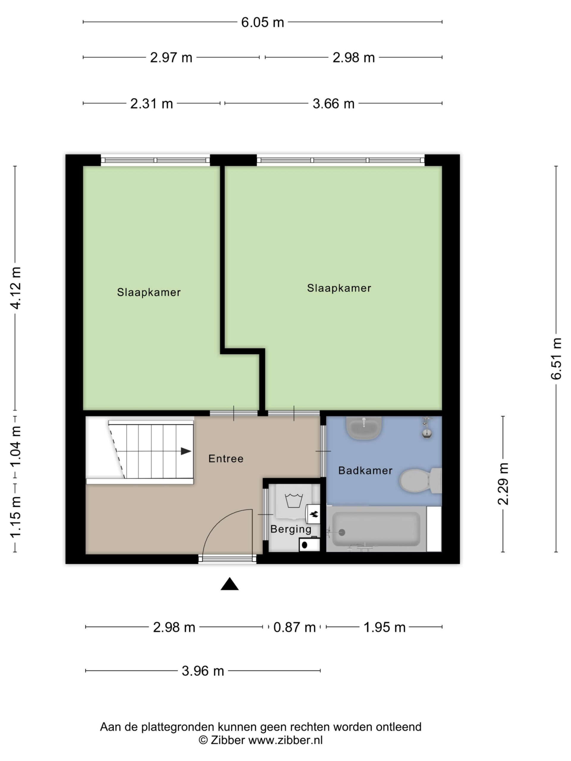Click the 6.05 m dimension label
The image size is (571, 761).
(x=262, y=23)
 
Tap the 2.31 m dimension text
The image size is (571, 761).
(x=151, y=103)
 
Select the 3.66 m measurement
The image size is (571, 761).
(x=333, y=103)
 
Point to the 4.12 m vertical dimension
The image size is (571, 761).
(x=16, y=288)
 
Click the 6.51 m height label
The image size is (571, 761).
(x=556, y=359)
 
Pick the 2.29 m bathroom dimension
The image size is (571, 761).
(x=503, y=484)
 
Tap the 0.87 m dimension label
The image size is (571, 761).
(x=294, y=627)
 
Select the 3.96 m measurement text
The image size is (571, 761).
(x=203, y=671)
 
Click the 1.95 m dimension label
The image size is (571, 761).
(x=385, y=627)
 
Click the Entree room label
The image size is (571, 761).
(x=226, y=459)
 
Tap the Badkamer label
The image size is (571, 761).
(x=365, y=470)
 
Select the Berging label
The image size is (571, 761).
(x=291, y=529)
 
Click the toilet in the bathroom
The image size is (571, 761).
(x=420, y=481)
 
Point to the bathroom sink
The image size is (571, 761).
(x=364, y=428)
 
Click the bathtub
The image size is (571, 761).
(x=376, y=529)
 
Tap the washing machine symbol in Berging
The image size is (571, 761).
(x=294, y=501)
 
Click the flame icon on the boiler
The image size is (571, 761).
(x=314, y=514)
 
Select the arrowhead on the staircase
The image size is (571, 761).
(x=186, y=451)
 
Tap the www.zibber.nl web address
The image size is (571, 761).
(x=285, y=740)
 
